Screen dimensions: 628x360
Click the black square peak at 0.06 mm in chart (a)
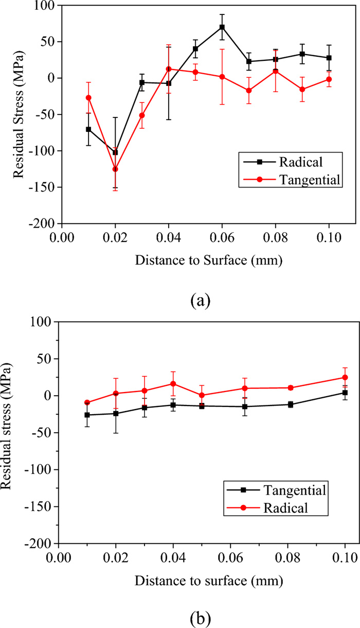(222, 27)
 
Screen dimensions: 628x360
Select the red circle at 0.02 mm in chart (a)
(115, 169)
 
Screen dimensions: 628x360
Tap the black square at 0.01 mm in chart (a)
(88, 129)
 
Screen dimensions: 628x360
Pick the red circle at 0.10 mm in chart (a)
(329, 79)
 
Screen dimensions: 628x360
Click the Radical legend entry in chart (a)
(300, 162)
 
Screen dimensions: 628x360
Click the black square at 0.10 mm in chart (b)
(345, 393)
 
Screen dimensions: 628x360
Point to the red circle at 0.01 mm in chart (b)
(87, 402)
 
